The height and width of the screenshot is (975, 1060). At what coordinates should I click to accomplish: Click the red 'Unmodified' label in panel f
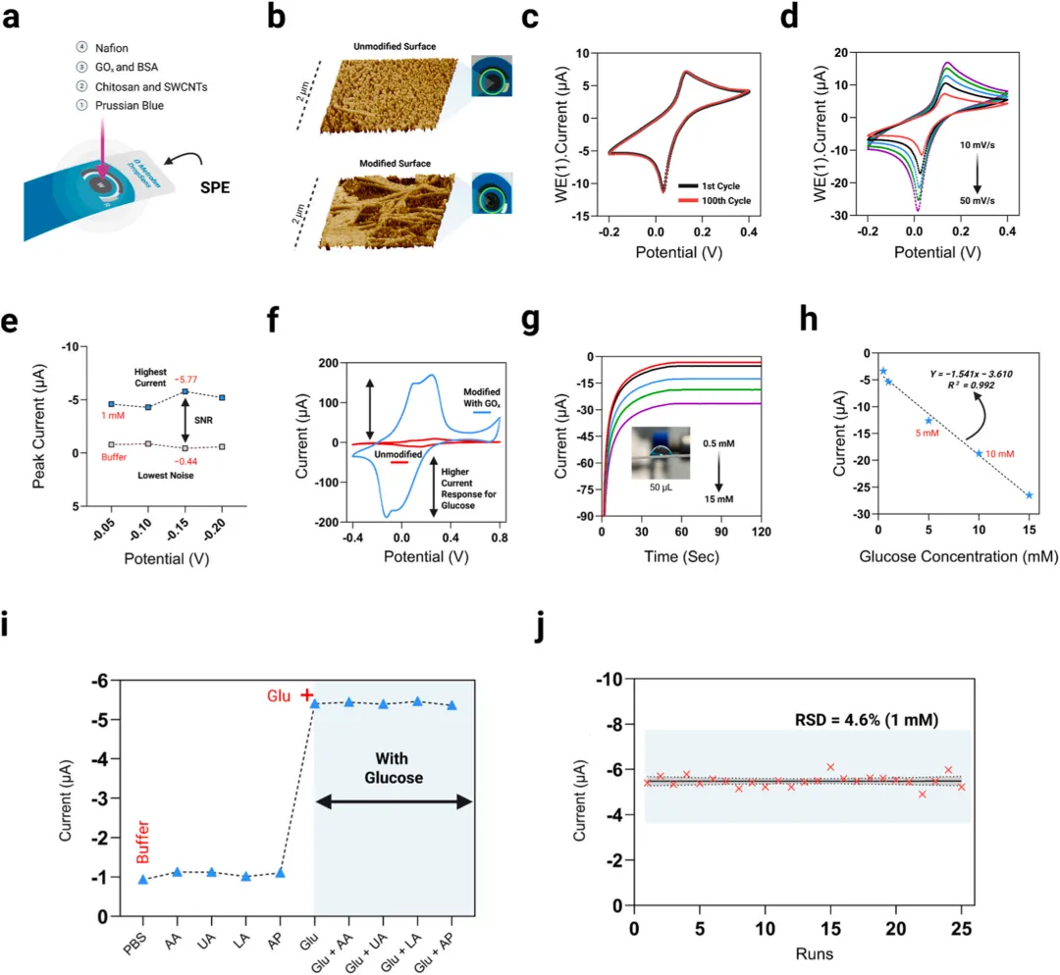click(x=398, y=453)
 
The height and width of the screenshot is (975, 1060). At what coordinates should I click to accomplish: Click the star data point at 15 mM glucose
click(x=1030, y=495)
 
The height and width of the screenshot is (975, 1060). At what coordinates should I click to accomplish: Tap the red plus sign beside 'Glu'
click(x=306, y=694)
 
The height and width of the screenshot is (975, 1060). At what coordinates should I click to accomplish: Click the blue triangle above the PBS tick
click(x=143, y=879)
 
